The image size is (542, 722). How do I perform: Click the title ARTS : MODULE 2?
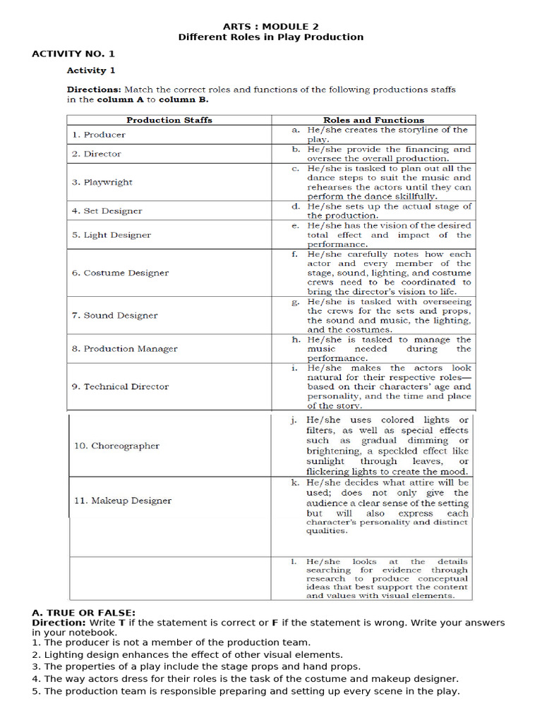(x=271, y=26)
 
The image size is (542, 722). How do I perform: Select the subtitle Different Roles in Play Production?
(x=271, y=37)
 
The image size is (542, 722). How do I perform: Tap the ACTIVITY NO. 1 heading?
(x=73, y=54)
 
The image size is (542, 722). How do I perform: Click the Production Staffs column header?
(x=169, y=120)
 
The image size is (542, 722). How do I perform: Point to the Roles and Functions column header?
(x=373, y=120)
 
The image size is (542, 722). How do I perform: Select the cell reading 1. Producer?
(x=99, y=135)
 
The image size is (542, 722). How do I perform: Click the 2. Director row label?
(x=97, y=154)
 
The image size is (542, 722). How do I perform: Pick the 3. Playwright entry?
(x=102, y=183)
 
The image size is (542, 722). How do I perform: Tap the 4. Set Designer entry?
(x=107, y=211)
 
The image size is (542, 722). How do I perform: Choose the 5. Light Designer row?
(x=111, y=235)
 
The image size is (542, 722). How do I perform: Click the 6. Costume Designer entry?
(x=120, y=273)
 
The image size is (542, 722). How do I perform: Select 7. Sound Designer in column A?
(x=114, y=315)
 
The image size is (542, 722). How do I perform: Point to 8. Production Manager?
(x=124, y=348)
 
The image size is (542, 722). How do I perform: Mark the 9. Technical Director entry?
(x=120, y=386)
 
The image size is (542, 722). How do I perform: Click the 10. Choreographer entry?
(x=116, y=446)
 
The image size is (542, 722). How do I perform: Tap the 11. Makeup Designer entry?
(x=123, y=501)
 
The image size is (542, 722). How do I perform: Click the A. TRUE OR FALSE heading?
(x=84, y=613)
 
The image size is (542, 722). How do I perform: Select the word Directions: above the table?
(x=94, y=90)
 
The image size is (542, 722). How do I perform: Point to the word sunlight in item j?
(x=327, y=462)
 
